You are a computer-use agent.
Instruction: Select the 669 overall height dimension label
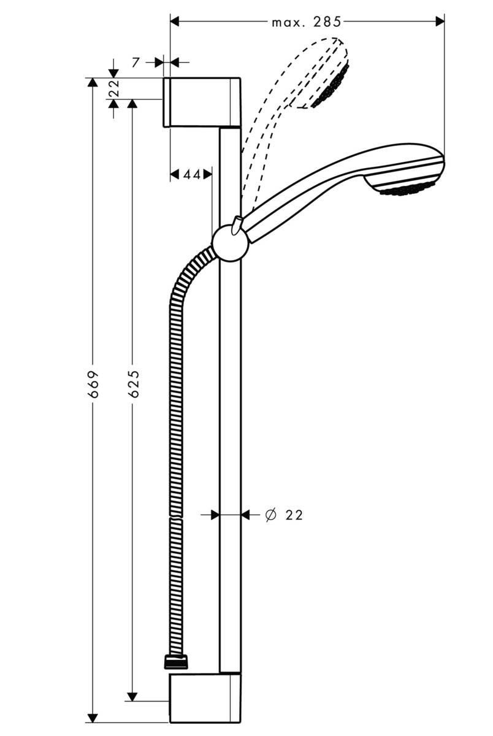93,384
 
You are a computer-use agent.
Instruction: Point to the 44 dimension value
192,175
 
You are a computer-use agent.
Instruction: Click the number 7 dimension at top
136,62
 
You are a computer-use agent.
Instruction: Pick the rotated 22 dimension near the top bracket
114,90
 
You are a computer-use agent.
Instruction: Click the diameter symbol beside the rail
270,515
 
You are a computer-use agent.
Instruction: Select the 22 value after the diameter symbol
294,515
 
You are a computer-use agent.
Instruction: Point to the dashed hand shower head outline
322,74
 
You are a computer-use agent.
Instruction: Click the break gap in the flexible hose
176,517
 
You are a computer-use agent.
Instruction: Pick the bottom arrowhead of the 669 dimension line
93,718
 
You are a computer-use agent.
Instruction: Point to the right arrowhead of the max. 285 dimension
439,21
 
